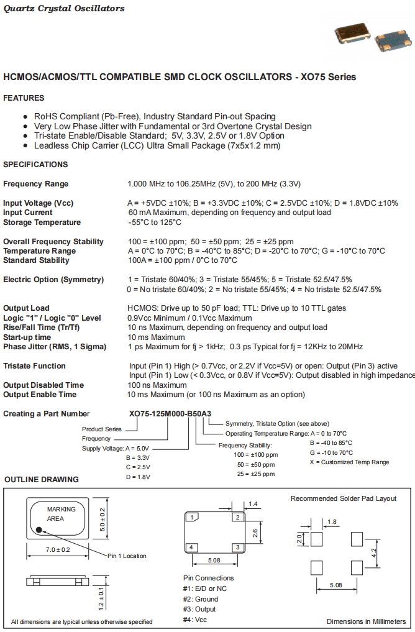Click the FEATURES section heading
pos(24,98)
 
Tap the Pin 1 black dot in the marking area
pos(39,530)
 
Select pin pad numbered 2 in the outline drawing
pos(237,517)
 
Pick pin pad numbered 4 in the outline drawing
pos(193,547)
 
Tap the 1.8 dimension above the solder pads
pos(332,522)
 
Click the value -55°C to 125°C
pos(155,222)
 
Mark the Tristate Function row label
pos(34,366)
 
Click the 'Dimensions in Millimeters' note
pos(366,621)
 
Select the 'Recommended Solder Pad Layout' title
pos(343,498)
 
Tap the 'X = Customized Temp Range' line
pos(349,462)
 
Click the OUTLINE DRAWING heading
pos(42,480)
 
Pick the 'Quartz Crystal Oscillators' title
pos(64,9)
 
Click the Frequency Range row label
pos(36,184)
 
